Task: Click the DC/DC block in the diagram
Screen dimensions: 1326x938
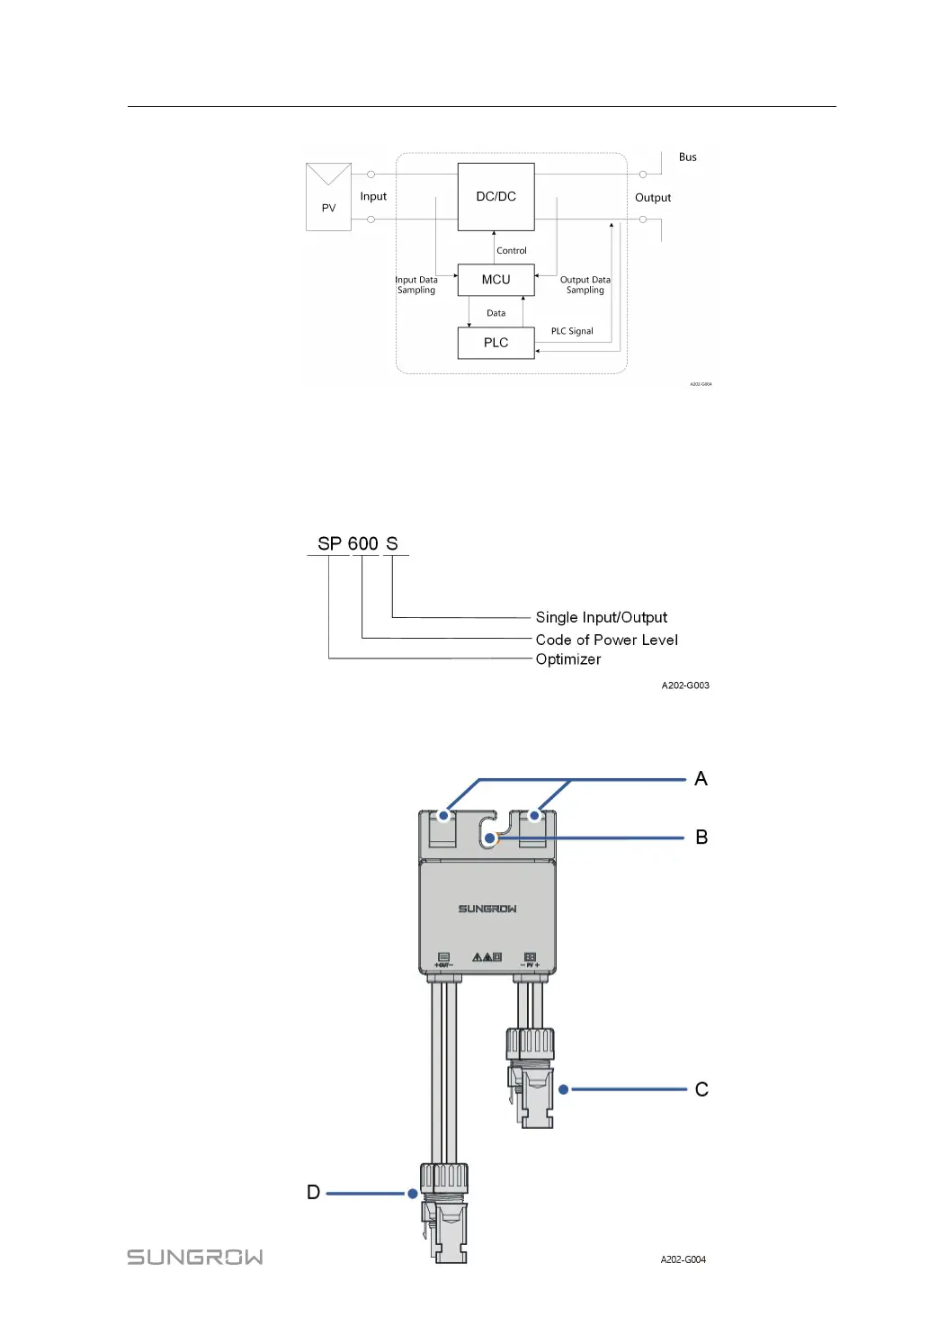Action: pos(496,196)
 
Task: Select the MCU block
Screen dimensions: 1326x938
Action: pos(496,280)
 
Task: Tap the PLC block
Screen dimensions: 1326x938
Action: pos(496,343)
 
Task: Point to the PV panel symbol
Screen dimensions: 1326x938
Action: pos(328,197)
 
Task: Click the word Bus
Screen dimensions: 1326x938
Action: pos(687,157)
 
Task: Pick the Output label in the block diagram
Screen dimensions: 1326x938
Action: pos(653,198)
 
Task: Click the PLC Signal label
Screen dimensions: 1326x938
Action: pos(572,331)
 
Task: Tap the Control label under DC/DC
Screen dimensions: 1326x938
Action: pos(512,251)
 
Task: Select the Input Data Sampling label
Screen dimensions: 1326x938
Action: pos(416,285)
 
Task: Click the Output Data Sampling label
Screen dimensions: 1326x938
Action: pos(585,285)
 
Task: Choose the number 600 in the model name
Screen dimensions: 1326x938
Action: pos(362,543)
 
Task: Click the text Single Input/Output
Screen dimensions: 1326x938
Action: pos(602,617)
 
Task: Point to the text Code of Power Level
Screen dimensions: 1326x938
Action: pos(607,640)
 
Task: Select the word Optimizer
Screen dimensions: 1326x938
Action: pos(568,659)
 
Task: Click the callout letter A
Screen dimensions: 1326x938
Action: pos(701,779)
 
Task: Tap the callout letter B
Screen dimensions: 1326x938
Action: pos(701,838)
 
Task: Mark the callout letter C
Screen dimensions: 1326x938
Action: pos(701,1089)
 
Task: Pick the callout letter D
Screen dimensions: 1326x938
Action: pos(313,1193)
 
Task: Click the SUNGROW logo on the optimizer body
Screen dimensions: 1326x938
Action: pos(487,909)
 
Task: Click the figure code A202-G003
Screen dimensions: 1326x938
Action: pos(685,685)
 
